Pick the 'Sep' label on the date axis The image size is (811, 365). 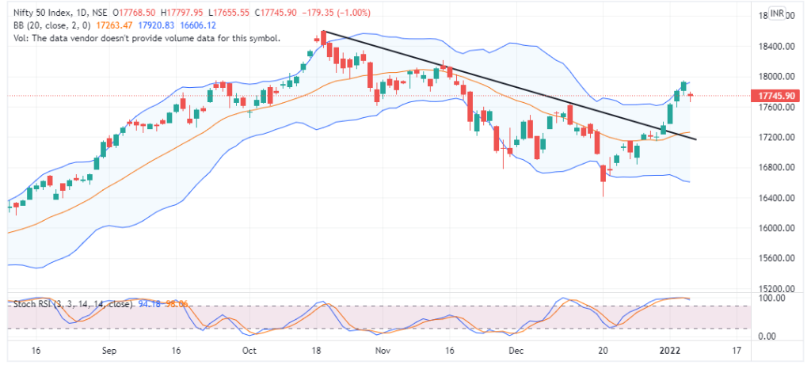[109, 349]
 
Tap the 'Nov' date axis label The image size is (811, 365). [383, 349]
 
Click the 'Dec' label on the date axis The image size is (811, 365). [516, 349]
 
